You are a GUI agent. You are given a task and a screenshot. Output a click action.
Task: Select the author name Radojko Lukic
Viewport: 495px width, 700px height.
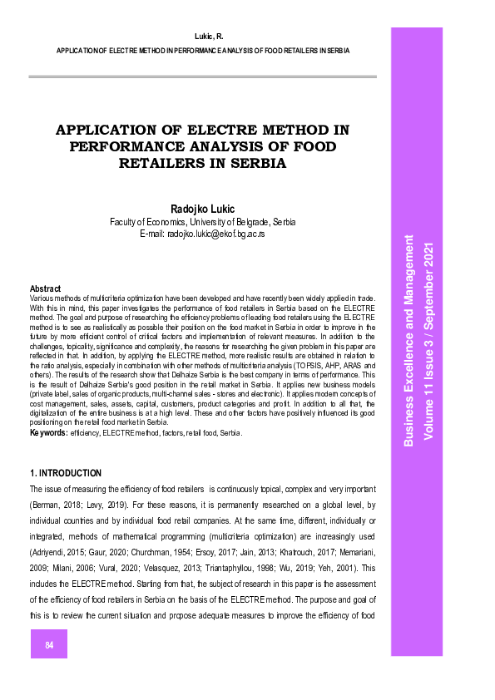203,209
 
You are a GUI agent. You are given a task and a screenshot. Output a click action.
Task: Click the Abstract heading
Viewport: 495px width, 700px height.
46,288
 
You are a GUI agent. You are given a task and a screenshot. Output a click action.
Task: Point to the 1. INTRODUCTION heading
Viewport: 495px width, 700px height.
66,474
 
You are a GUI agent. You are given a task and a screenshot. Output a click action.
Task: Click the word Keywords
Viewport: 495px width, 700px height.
48,433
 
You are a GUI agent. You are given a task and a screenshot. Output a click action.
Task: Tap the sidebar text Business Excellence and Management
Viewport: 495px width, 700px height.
408,341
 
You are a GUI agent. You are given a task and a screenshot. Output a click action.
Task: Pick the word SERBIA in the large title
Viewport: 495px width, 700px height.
249,164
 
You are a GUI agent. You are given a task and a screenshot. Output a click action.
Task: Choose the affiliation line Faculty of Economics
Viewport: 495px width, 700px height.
203,223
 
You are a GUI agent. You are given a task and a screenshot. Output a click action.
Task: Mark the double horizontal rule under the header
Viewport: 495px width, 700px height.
202,76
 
